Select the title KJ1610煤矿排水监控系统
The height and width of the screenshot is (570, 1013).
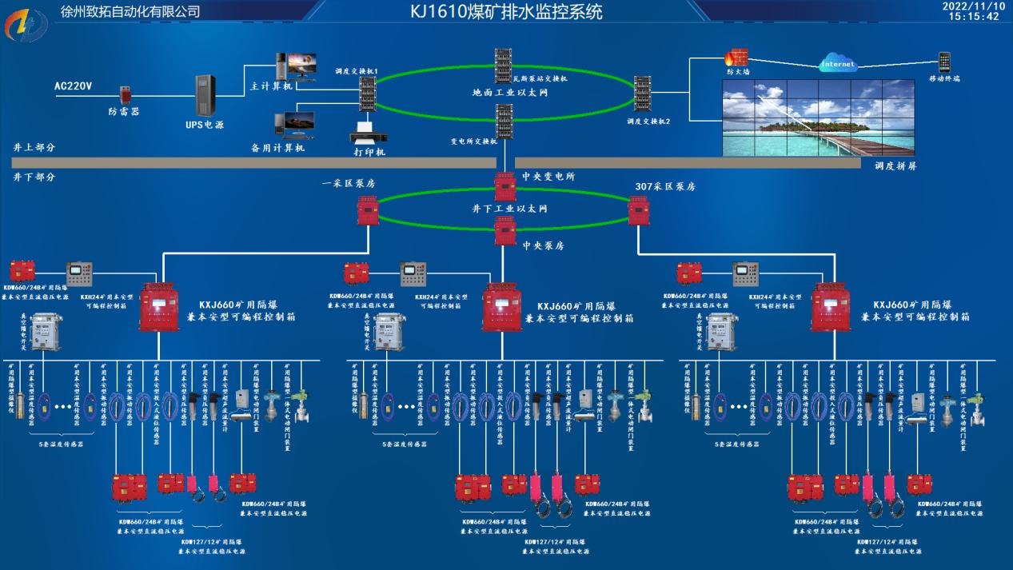click(x=506, y=12)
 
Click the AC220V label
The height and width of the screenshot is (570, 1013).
click(x=74, y=86)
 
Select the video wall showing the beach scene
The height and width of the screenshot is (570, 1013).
click(x=818, y=118)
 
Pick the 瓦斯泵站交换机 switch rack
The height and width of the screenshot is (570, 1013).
click(x=503, y=62)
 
